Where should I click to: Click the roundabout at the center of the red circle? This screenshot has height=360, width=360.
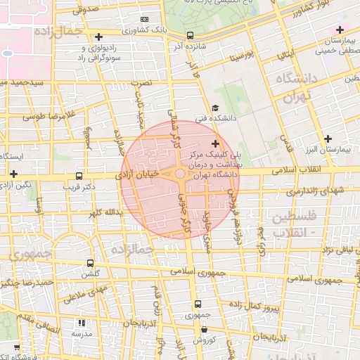pyautogui.click(x=180, y=174)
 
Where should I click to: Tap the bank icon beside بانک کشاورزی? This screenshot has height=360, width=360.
pyautogui.click(x=145, y=19)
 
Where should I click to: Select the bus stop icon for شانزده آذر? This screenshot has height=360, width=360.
pyautogui.click(x=191, y=34)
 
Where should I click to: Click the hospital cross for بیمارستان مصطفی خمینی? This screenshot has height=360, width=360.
pyautogui.click(x=340, y=30)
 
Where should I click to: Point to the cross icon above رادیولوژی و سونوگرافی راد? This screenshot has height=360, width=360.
pyautogui.click(x=99, y=37)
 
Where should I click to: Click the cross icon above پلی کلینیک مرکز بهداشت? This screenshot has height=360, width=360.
pyautogui.click(x=215, y=143)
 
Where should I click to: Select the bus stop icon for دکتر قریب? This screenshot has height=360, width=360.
pyautogui.click(x=78, y=176)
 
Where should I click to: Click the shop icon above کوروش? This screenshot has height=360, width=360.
pyautogui.click(x=204, y=329)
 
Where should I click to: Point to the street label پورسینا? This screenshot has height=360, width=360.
pyautogui.click(x=235, y=55)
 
